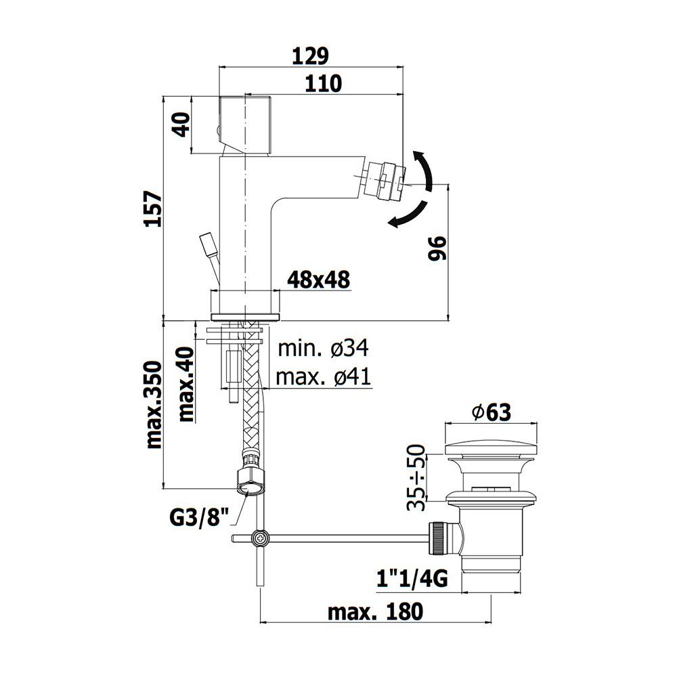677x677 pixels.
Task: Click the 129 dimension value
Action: point(311,56)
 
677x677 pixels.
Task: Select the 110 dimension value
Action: point(323,83)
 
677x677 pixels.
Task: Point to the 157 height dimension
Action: point(153,209)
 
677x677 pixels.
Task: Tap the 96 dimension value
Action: point(437,248)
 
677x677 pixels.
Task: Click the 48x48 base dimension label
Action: point(319,280)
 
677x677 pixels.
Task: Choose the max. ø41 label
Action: point(324,377)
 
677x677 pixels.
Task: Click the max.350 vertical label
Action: point(154,405)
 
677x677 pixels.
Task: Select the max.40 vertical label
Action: point(186,383)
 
